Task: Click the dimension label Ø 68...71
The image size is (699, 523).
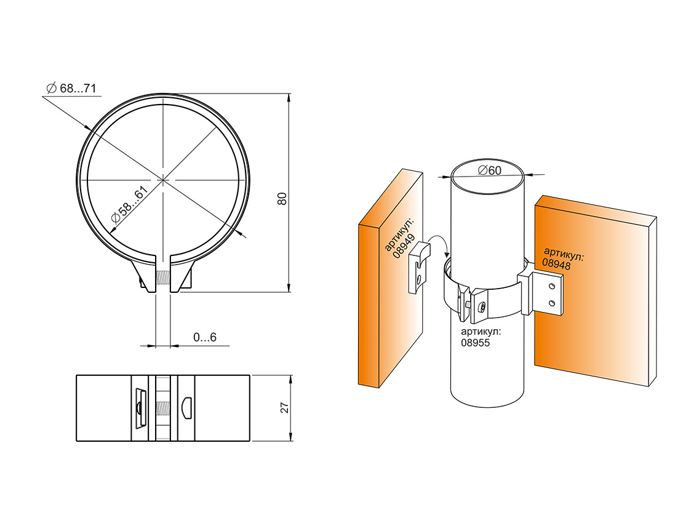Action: (x=71, y=88)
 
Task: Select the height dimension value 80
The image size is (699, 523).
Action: (x=282, y=198)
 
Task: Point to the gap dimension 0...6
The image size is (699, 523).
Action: (x=205, y=337)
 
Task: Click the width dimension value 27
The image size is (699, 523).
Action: (x=284, y=407)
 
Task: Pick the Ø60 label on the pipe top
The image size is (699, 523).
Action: (x=489, y=170)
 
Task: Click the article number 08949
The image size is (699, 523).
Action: (x=404, y=247)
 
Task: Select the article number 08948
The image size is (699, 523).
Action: (x=556, y=264)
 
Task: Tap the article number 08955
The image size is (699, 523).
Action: (x=475, y=343)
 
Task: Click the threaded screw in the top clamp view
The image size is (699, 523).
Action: (x=162, y=278)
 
